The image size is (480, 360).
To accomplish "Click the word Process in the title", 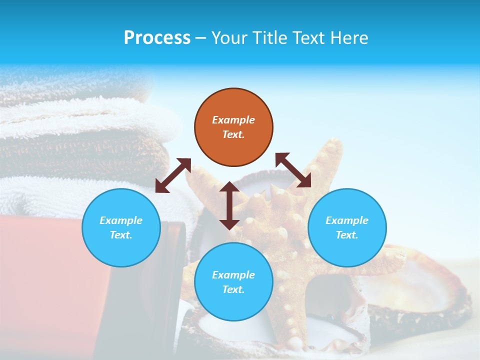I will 157,38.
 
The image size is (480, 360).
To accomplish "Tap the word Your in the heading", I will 229,38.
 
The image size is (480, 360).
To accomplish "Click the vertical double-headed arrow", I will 229,205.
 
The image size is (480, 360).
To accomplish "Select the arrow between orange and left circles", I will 173,175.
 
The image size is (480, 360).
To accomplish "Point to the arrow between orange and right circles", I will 293,170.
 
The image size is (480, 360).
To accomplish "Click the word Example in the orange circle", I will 233,120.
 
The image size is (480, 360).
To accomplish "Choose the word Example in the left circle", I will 121,220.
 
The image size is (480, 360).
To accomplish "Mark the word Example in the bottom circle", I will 233,275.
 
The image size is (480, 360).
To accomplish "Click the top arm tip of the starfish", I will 332,145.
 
